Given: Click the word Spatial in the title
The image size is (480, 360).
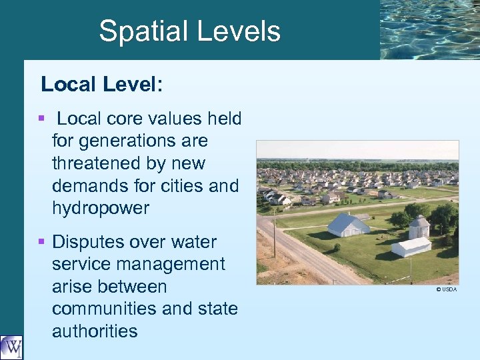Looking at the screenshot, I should (x=139, y=31).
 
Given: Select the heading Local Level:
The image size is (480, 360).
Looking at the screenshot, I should (x=102, y=84).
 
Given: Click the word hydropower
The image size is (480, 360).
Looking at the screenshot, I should (x=100, y=208).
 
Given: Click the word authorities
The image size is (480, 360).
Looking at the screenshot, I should (x=95, y=331).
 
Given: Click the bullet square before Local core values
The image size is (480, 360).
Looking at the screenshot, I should (x=42, y=118).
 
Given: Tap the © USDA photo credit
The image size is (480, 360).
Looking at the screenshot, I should (x=446, y=289).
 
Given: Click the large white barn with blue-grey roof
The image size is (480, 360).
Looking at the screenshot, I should (x=347, y=225).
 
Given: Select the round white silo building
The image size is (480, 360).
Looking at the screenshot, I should (x=418, y=228).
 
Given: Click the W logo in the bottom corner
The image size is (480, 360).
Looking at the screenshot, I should (x=11, y=347).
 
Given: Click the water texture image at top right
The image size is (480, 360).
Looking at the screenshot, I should (x=429, y=29).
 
